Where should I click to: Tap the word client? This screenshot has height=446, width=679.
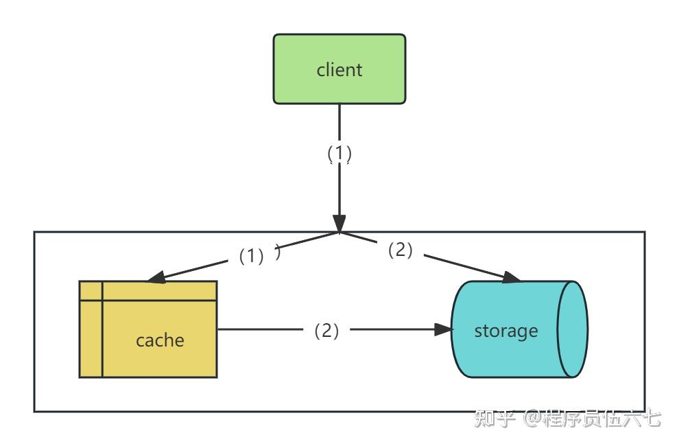[339, 70]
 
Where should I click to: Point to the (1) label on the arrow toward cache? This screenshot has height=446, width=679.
[252, 256]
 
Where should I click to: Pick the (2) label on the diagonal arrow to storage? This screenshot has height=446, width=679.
[401, 250]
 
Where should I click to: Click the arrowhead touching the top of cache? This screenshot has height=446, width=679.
[156, 278]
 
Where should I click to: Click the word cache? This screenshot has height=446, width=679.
[160, 340]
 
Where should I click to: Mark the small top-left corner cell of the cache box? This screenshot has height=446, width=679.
[91, 291]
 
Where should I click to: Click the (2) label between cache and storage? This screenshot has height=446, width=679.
[326, 331]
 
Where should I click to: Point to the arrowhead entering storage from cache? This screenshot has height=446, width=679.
[444, 329]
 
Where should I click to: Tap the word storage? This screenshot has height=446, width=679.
[506, 331]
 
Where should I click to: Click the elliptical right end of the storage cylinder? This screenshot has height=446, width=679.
[572, 329]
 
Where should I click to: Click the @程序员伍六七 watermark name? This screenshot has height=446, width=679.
[593, 419]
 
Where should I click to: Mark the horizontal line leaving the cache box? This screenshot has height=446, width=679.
[261, 329]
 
